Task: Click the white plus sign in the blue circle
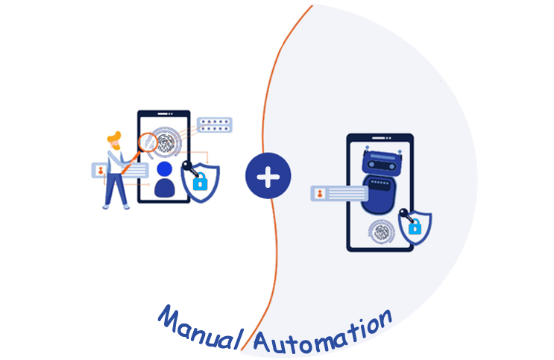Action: [268, 177]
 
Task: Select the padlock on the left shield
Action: [199, 181]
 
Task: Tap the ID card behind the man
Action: [100, 170]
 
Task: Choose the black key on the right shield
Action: [404, 216]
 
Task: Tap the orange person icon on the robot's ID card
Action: [320, 194]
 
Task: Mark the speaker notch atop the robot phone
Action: [380, 137]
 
